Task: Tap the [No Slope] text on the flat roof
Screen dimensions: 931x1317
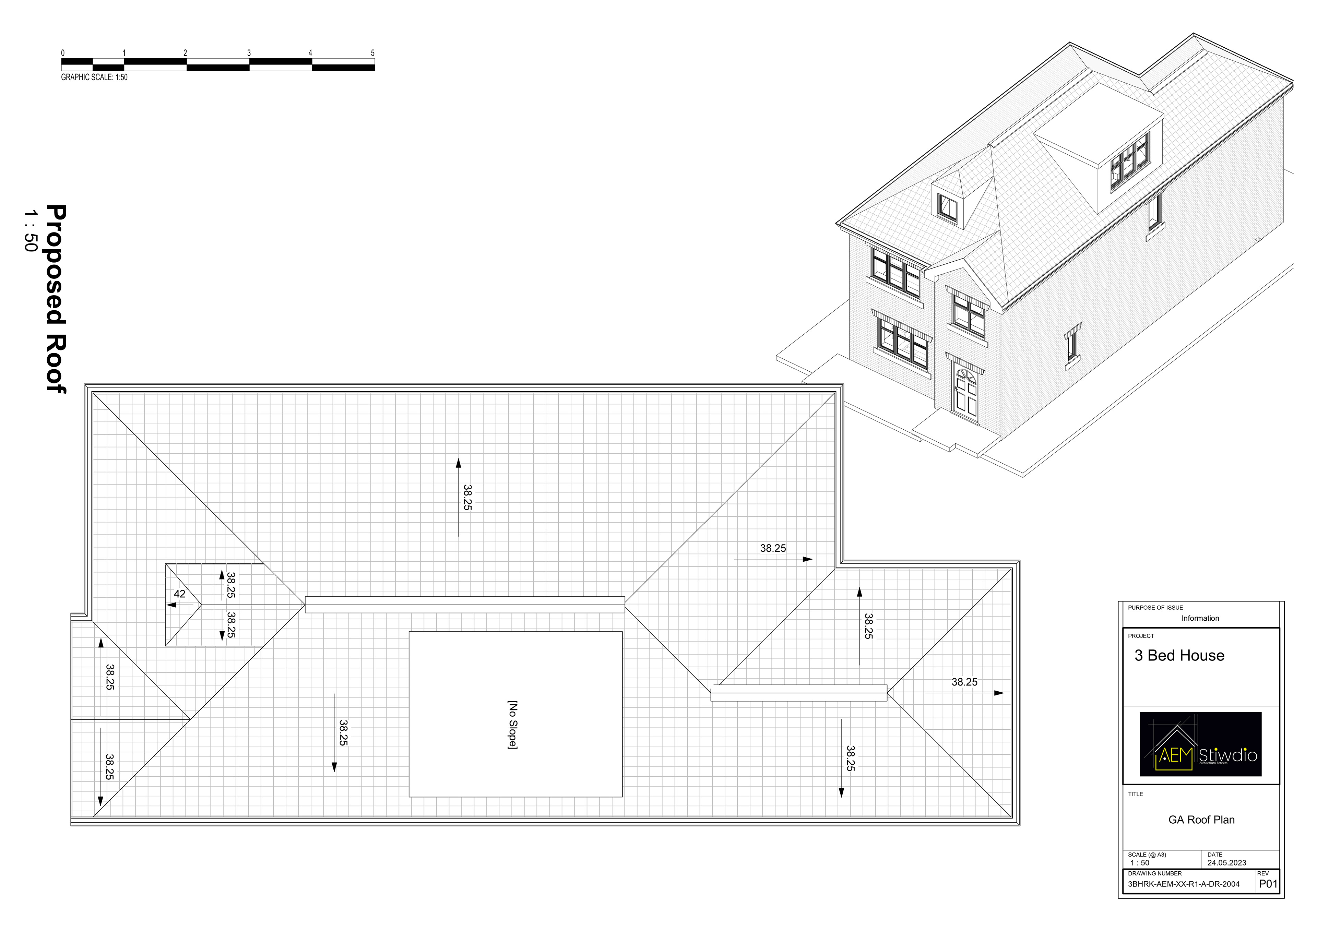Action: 513,725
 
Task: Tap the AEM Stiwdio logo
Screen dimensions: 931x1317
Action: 1200,744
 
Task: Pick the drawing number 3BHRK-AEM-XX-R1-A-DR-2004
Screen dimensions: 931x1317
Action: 1183,884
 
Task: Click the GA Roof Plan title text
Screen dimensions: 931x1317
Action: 1201,820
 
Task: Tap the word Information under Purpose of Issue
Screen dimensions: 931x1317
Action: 1200,618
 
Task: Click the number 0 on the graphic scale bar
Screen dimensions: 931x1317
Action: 63,53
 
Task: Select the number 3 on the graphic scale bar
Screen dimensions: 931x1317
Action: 249,53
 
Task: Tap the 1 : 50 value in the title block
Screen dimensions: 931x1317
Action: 1139,863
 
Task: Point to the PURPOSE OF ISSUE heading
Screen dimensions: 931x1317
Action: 1155,608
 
